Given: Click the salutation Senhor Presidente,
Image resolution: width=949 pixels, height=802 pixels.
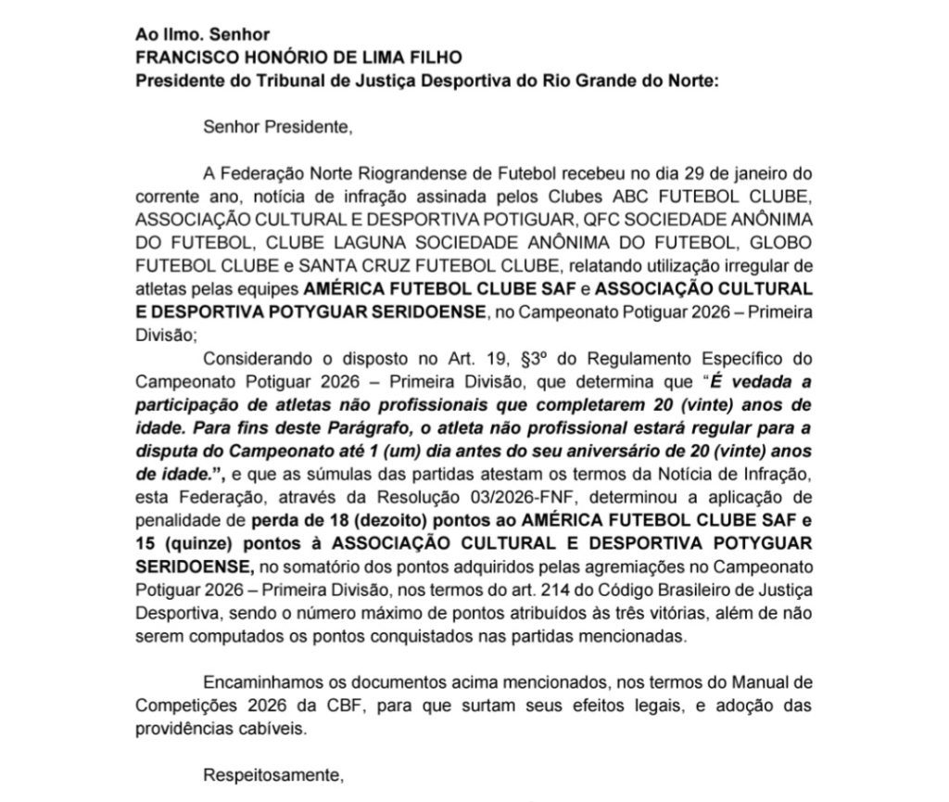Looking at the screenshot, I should (x=278, y=127).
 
